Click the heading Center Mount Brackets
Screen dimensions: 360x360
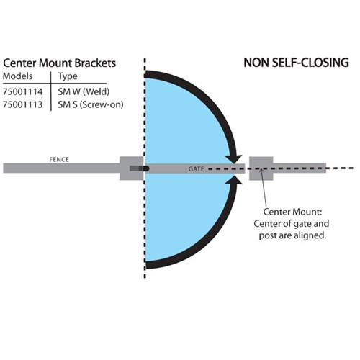[60, 63]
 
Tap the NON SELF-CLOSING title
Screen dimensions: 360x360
[296, 63]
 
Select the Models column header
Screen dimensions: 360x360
[18, 76]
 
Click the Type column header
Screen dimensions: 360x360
[68, 77]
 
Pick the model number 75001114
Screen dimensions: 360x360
[23, 91]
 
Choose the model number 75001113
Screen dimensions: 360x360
[23, 104]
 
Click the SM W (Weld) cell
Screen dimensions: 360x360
[84, 91]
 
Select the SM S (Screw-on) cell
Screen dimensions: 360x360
[91, 104]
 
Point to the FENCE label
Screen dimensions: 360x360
[59, 160]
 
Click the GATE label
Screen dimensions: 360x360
[196, 169]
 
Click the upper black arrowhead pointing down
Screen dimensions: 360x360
[233, 159]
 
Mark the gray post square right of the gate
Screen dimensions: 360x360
[261, 168]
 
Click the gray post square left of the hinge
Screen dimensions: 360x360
[132, 168]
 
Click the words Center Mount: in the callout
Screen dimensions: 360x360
[292, 212]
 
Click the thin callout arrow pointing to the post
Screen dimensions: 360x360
[264, 187]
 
